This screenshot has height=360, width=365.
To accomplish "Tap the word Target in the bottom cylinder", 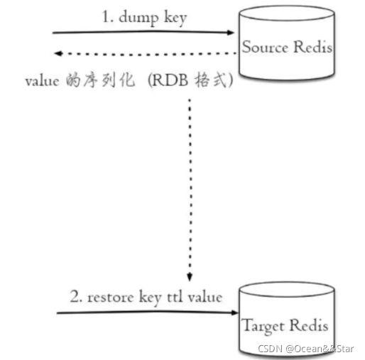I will point(263,326).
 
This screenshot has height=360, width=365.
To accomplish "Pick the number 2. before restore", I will point(75,297).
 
